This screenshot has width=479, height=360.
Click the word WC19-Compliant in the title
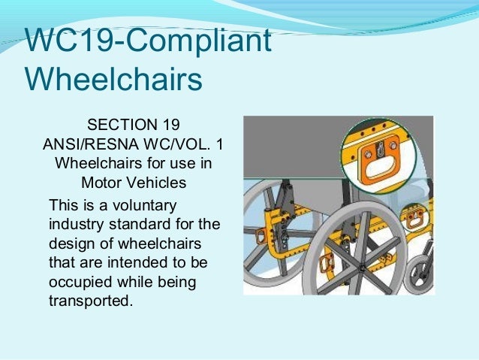(147, 42)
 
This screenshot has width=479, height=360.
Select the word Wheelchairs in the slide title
(113, 79)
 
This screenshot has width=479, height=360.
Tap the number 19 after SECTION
(170, 123)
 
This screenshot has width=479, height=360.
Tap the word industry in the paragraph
(74, 225)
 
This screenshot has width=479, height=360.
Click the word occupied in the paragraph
(77, 283)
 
